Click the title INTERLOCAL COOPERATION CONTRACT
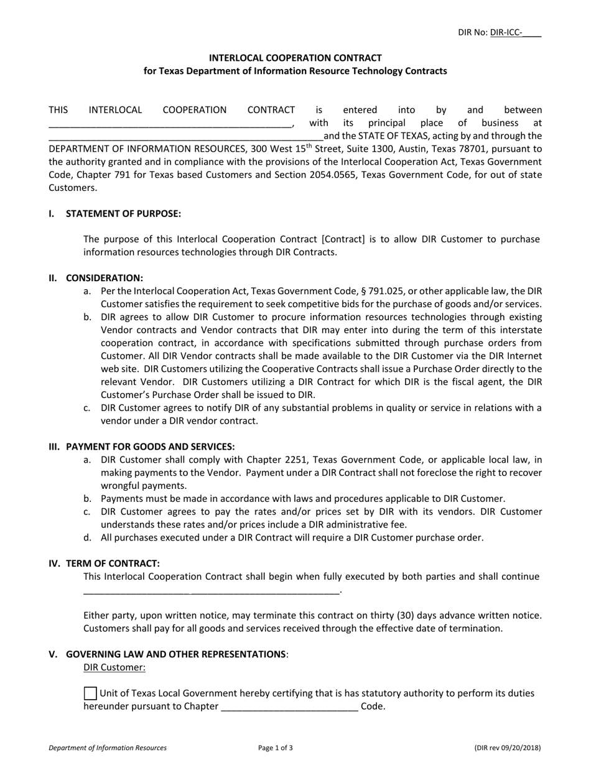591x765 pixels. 295,58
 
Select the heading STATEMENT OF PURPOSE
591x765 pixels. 123,214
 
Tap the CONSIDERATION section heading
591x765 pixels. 104,278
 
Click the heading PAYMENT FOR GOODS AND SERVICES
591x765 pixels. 150,447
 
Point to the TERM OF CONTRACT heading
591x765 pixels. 113,563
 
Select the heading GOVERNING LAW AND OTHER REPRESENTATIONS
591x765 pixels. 175,654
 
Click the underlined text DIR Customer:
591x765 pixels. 114,667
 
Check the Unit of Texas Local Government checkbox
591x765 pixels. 90,693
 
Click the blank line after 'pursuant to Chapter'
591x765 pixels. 289,707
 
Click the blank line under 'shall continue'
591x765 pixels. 212,591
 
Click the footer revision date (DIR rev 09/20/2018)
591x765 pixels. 507,748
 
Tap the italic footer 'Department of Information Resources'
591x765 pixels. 108,748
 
